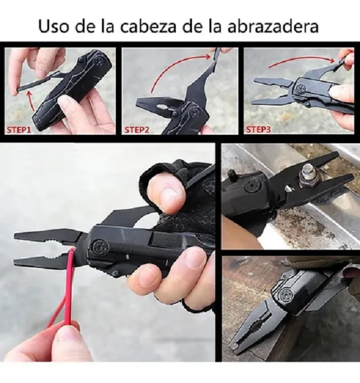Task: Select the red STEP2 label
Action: (140, 128)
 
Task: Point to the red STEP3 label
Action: (259, 128)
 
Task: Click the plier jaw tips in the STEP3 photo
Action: (257, 90)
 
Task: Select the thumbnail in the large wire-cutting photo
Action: (170, 197)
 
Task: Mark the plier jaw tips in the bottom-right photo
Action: (235, 346)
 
